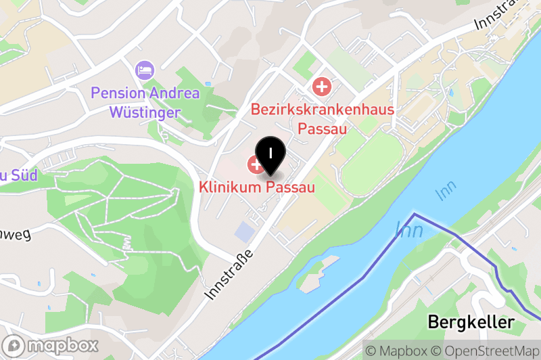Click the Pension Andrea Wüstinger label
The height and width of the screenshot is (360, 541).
(145, 102)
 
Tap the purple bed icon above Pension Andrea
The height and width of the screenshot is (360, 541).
(145, 69)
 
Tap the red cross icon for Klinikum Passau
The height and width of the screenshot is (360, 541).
(256, 163)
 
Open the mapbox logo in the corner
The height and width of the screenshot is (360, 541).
(51, 345)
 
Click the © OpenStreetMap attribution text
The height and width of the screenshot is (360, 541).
(486, 351)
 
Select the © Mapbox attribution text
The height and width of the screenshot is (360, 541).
(396, 351)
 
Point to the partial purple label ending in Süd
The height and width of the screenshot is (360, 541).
(18, 176)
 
